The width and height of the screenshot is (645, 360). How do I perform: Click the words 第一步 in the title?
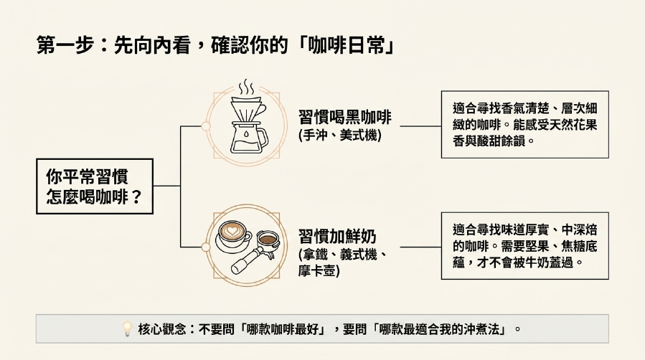pos(65,44)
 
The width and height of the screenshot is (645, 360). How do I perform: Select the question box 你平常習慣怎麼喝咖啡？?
pos(95,186)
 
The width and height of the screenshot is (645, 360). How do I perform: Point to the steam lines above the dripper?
pos(247,87)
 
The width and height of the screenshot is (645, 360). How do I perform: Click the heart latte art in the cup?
pos(232,231)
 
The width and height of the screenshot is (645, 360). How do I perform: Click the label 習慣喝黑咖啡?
pos(344,117)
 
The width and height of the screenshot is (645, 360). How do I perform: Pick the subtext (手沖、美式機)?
pos(340,136)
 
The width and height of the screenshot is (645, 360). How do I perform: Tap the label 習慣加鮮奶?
pos(337,237)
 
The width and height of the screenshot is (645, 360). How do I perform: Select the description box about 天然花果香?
pos(525,125)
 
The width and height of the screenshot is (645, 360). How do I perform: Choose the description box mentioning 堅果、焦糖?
pos(525,246)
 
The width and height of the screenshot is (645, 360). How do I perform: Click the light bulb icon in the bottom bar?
pos(127,328)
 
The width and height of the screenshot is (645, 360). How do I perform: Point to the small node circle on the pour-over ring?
pos(206,126)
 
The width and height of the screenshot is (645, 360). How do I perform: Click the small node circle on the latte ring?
pos(206,247)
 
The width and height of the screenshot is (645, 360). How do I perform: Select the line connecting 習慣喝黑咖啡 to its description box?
pos(420,126)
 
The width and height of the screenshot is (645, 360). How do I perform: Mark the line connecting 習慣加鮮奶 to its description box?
pos(420,247)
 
